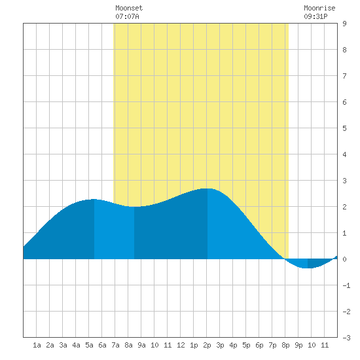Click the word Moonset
click(129, 8)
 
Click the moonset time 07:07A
click(127, 16)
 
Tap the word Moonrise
click(319, 8)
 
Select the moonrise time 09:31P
click(315, 16)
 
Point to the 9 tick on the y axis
click(344, 24)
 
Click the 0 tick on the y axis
click(344, 259)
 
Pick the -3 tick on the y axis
click(346, 338)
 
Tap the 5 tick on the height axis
click(344, 128)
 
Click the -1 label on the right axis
click(346, 285)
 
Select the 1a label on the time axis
click(37, 345)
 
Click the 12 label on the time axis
click(181, 345)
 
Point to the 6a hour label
click(102, 345)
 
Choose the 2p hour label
click(207, 345)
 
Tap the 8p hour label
click(285, 345)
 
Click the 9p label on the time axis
click(298, 345)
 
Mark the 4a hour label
click(76, 345)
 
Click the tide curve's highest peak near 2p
click(207, 189)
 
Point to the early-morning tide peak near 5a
click(94, 199)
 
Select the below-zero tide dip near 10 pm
click(308, 268)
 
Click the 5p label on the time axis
click(246, 345)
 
